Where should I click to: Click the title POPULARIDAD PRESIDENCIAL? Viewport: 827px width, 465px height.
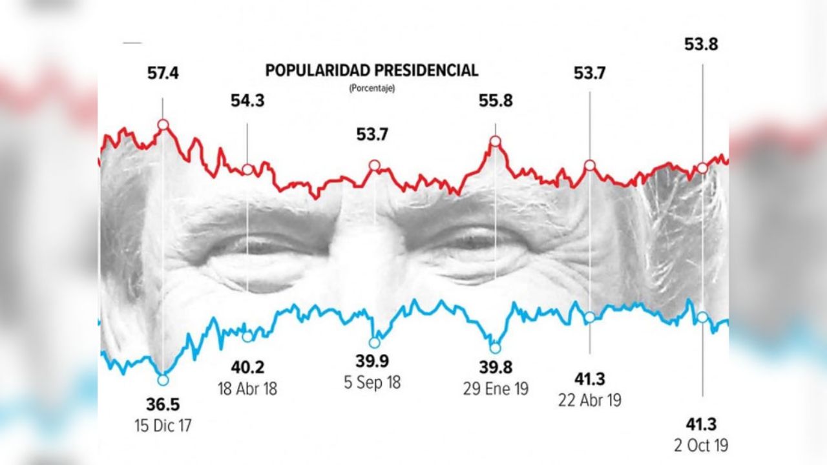pos(372,70)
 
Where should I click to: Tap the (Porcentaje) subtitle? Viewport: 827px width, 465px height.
pos(372,88)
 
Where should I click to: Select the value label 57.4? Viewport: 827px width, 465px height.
pos(163,74)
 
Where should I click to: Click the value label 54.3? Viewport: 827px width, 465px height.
pos(247,101)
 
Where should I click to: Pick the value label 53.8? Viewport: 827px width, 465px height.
pos(701,45)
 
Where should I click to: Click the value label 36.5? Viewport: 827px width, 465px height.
pos(163,406)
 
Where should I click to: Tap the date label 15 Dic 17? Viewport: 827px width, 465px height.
pos(163,425)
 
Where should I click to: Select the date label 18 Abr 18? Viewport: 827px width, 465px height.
pos(248,389)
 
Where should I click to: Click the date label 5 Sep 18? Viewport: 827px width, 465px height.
pos(373,382)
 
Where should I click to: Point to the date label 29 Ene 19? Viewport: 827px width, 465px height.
pos(496,389)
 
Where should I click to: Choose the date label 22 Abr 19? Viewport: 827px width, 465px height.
pos(589,400)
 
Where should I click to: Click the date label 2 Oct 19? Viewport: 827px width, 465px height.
pos(701,446)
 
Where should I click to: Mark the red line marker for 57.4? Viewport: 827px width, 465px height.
pos(163,124)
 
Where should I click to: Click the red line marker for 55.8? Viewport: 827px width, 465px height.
pos(496,141)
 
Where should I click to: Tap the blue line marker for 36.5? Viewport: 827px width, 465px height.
pos(163,380)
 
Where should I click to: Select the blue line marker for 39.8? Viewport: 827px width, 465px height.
pos(495,347)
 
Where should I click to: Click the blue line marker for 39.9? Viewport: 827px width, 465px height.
pos(374,342)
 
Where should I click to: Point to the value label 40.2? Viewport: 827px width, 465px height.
pos(247,368)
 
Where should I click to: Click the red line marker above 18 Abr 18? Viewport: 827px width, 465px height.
pos(247,169)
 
